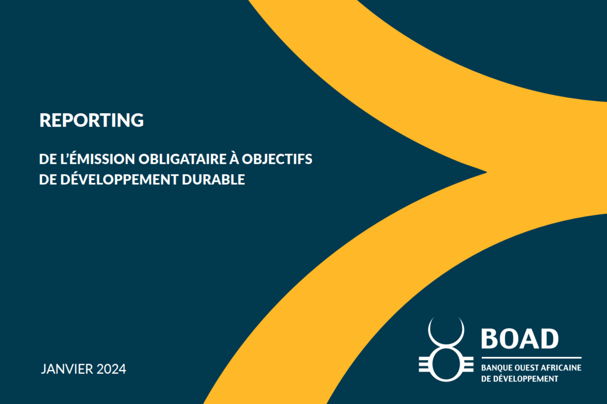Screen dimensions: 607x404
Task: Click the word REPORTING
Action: click(x=92, y=120)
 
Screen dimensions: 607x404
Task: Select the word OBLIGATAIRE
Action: click(x=183, y=159)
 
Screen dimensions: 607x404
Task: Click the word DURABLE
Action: click(x=213, y=180)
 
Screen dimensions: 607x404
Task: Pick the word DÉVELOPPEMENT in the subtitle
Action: click(x=119, y=179)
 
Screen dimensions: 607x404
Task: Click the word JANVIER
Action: click(x=67, y=369)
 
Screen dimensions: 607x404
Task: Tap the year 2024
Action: click(x=111, y=369)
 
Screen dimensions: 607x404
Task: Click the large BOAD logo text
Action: click(x=520, y=338)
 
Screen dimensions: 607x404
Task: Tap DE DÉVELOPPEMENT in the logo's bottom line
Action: click(x=520, y=378)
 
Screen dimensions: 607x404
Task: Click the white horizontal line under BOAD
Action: click(x=531, y=358)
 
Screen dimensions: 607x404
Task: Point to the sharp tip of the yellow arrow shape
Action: click(x=487, y=172)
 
